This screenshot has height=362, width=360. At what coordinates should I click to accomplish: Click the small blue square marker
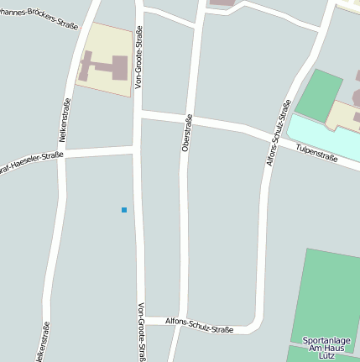(x=124, y=209)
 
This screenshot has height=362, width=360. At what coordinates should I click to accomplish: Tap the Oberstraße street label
(x=187, y=133)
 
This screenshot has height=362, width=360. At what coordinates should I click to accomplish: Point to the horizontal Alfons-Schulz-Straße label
(x=199, y=326)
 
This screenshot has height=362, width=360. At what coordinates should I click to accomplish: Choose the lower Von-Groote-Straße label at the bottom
(x=142, y=332)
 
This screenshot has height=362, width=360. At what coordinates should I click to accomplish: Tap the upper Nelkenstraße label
(x=64, y=119)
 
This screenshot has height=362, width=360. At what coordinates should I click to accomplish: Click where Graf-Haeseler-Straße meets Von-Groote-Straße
(x=137, y=150)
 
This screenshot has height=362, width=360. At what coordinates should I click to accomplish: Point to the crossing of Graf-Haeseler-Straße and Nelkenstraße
(x=64, y=155)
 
